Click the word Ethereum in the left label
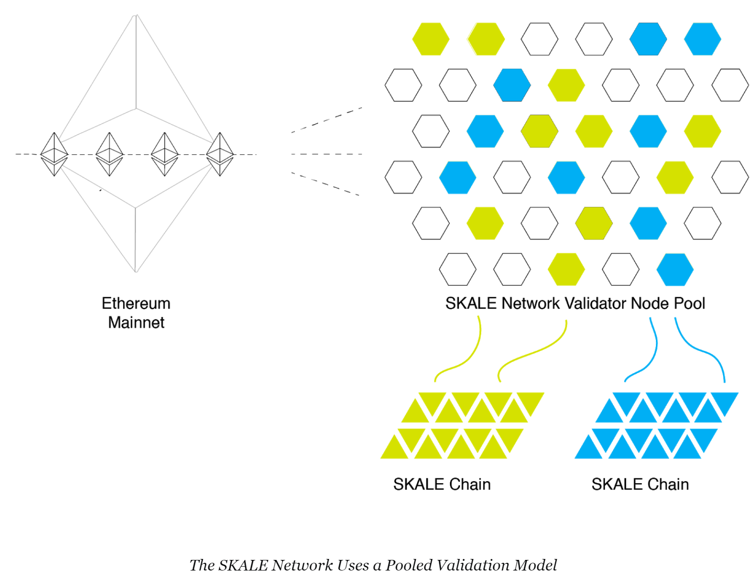tap(136, 304)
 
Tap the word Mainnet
tap(136, 322)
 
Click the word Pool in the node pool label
tap(689, 304)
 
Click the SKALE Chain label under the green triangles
tap(442, 484)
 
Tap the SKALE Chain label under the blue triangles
tap(640, 484)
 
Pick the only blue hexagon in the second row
tap(512, 85)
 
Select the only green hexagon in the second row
tap(566, 85)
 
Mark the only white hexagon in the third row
tap(431, 131)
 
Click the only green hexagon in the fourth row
tap(675, 177)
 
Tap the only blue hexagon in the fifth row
tap(648, 223)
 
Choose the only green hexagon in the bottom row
tap(566, 269)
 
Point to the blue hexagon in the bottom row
tap(675, 269)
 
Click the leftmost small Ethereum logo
tap(54, 154)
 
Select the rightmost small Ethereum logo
tap(220, 154)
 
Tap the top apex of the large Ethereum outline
tap(136, 15)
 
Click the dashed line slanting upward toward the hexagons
tap(326, 120)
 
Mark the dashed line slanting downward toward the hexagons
tap(325, 184)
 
